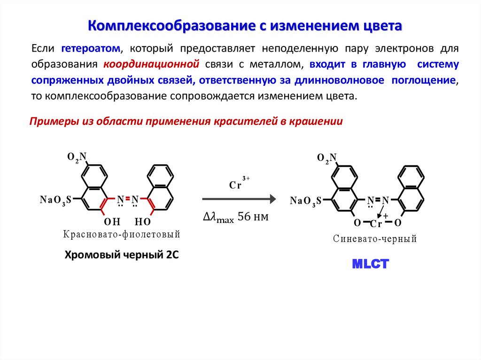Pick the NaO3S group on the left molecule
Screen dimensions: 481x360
click(x=55, y=200)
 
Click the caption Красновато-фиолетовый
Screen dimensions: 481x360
click(x=120, y=234)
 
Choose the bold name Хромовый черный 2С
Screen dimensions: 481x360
click(x=122, y=255)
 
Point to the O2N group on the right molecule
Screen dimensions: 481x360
click(x=327, y=158)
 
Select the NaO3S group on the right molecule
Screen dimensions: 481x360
click(x=305, y=201)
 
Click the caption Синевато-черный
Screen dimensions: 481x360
click(x=375, y=239)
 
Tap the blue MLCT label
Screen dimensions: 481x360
click(x=371, y=264)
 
